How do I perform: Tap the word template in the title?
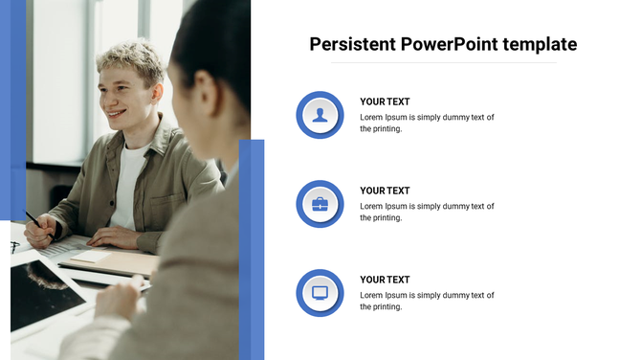[x=542, y=44]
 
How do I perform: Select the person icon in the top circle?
[x=320, y=115]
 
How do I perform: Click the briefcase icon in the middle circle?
[x=320, y=204]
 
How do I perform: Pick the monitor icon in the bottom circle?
[x=320, y=292]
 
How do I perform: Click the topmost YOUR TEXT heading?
[x=385, y=101]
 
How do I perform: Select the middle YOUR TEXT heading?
[x=385, y=191]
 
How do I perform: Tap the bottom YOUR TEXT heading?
[x=385, y=280]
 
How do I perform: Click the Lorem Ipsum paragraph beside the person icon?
[x=427, y=123]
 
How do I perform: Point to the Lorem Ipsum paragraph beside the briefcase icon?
[x=427, y=212]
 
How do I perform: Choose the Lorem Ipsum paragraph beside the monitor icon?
[x=427, y=301]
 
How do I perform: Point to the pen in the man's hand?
[x=33, y=219]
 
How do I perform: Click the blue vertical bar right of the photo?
[x=252, y=249]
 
